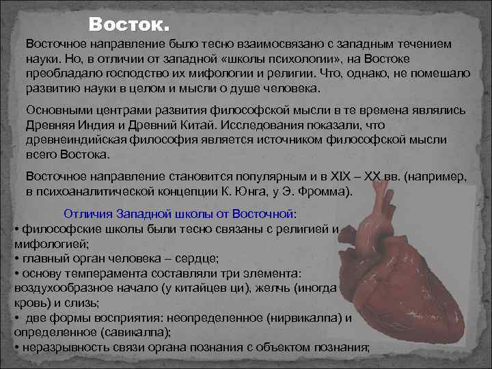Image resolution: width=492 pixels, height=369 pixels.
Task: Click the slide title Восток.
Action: pos(128,27)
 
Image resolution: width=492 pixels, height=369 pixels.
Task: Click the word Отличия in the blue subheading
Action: pos(86,214)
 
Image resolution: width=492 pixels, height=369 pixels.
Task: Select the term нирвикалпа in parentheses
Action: pos(304,318)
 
